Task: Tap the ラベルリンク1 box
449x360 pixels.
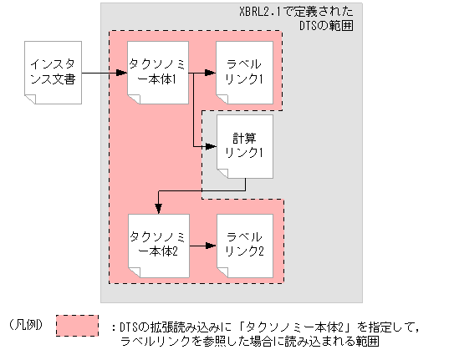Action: (243, 70)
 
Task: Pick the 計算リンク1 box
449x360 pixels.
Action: (244, 147)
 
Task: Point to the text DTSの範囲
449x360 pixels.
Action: (325, 27)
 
